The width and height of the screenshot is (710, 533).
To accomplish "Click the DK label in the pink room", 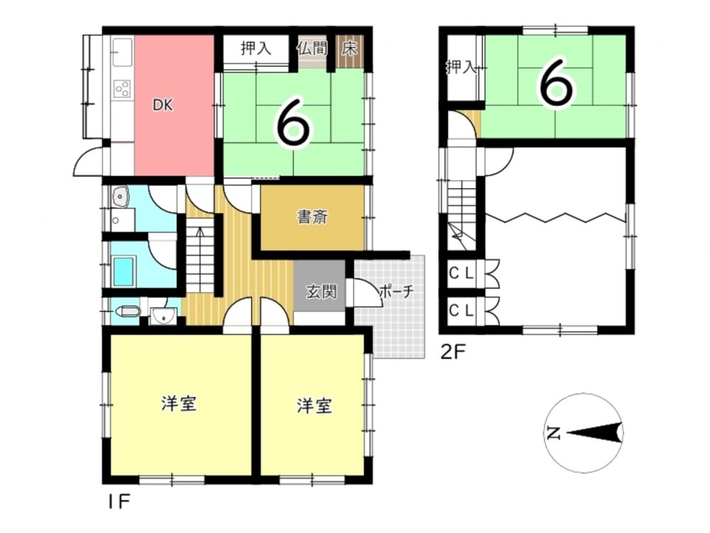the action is pyautogui.click(x=162, y=106).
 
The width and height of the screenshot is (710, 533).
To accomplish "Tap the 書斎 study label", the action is pyautogui.click(x=312, y=217).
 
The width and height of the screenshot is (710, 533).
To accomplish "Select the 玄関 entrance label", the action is pyautogui.click(x=322, y=292).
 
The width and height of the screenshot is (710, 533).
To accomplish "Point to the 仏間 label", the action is pyautogui.click(x=312, y=48).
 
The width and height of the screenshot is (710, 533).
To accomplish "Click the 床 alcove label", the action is pyautogui.click(x=349, y=48).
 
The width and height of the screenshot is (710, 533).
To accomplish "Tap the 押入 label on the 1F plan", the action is pyautogui.click(x=256, y=48).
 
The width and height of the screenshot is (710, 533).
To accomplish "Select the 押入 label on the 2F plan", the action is pyautogui.click(x=461, y=67).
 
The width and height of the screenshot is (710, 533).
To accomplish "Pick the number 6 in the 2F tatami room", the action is pyautogui.click(x=555, y=85).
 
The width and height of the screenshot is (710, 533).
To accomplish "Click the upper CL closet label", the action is pyautogui.click(x=461, y=273).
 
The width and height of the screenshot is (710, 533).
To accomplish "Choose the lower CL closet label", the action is pyautogui.click(x=461, y=311).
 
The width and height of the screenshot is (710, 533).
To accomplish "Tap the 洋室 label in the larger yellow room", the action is pyautogui.click(x=180, y=403).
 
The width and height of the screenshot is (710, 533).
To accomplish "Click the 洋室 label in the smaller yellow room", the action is pyautogui.click(x=315, y=405).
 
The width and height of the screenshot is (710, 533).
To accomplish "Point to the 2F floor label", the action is pyautogui.click(x=453, y=352).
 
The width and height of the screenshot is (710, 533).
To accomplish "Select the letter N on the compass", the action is pyautogui.click(x=553, y=434).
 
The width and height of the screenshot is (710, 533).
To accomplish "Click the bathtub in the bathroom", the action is pyautogui.click(x=124, y=271).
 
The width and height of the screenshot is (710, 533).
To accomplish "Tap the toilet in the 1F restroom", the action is pyautogui.click(x=128, y=312).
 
